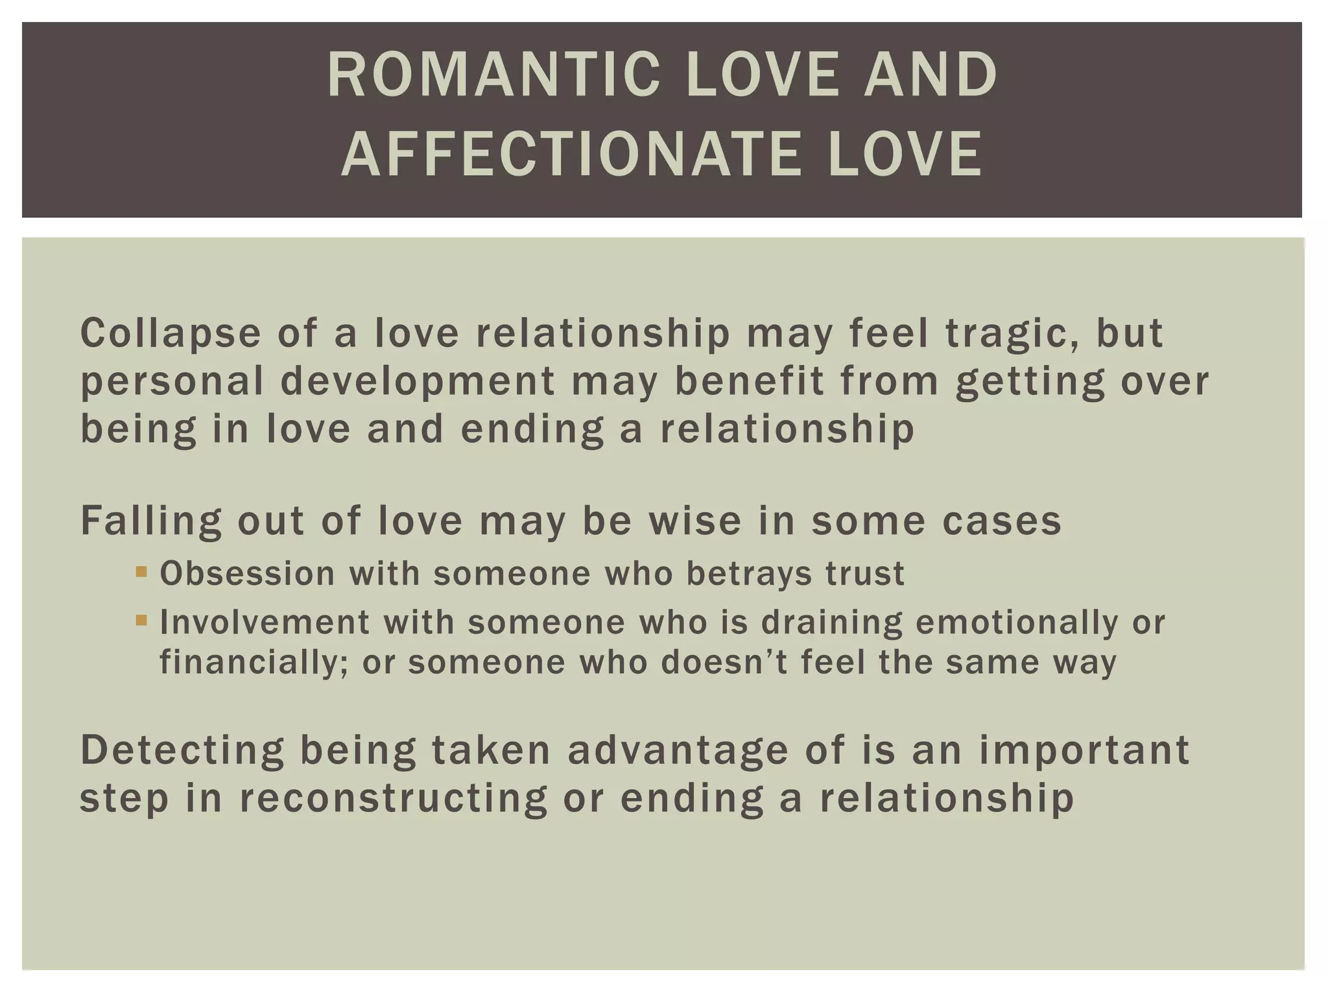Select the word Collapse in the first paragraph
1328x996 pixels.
click(x=171, y=333)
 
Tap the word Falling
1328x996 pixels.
click(x=150, y=521)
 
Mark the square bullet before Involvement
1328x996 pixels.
click(x=141, y=621)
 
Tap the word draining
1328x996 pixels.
click(x=831, y=622)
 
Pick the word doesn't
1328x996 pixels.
click(x=724, y=663)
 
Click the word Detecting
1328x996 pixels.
click(x=182, y=750)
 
